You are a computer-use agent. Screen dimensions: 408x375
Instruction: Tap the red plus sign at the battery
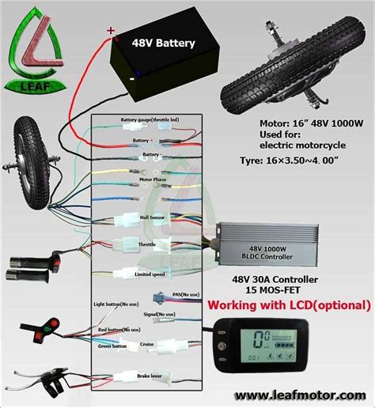click(x=110, y=31)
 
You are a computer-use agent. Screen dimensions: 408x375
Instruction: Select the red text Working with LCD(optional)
click(x=288, y=304)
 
